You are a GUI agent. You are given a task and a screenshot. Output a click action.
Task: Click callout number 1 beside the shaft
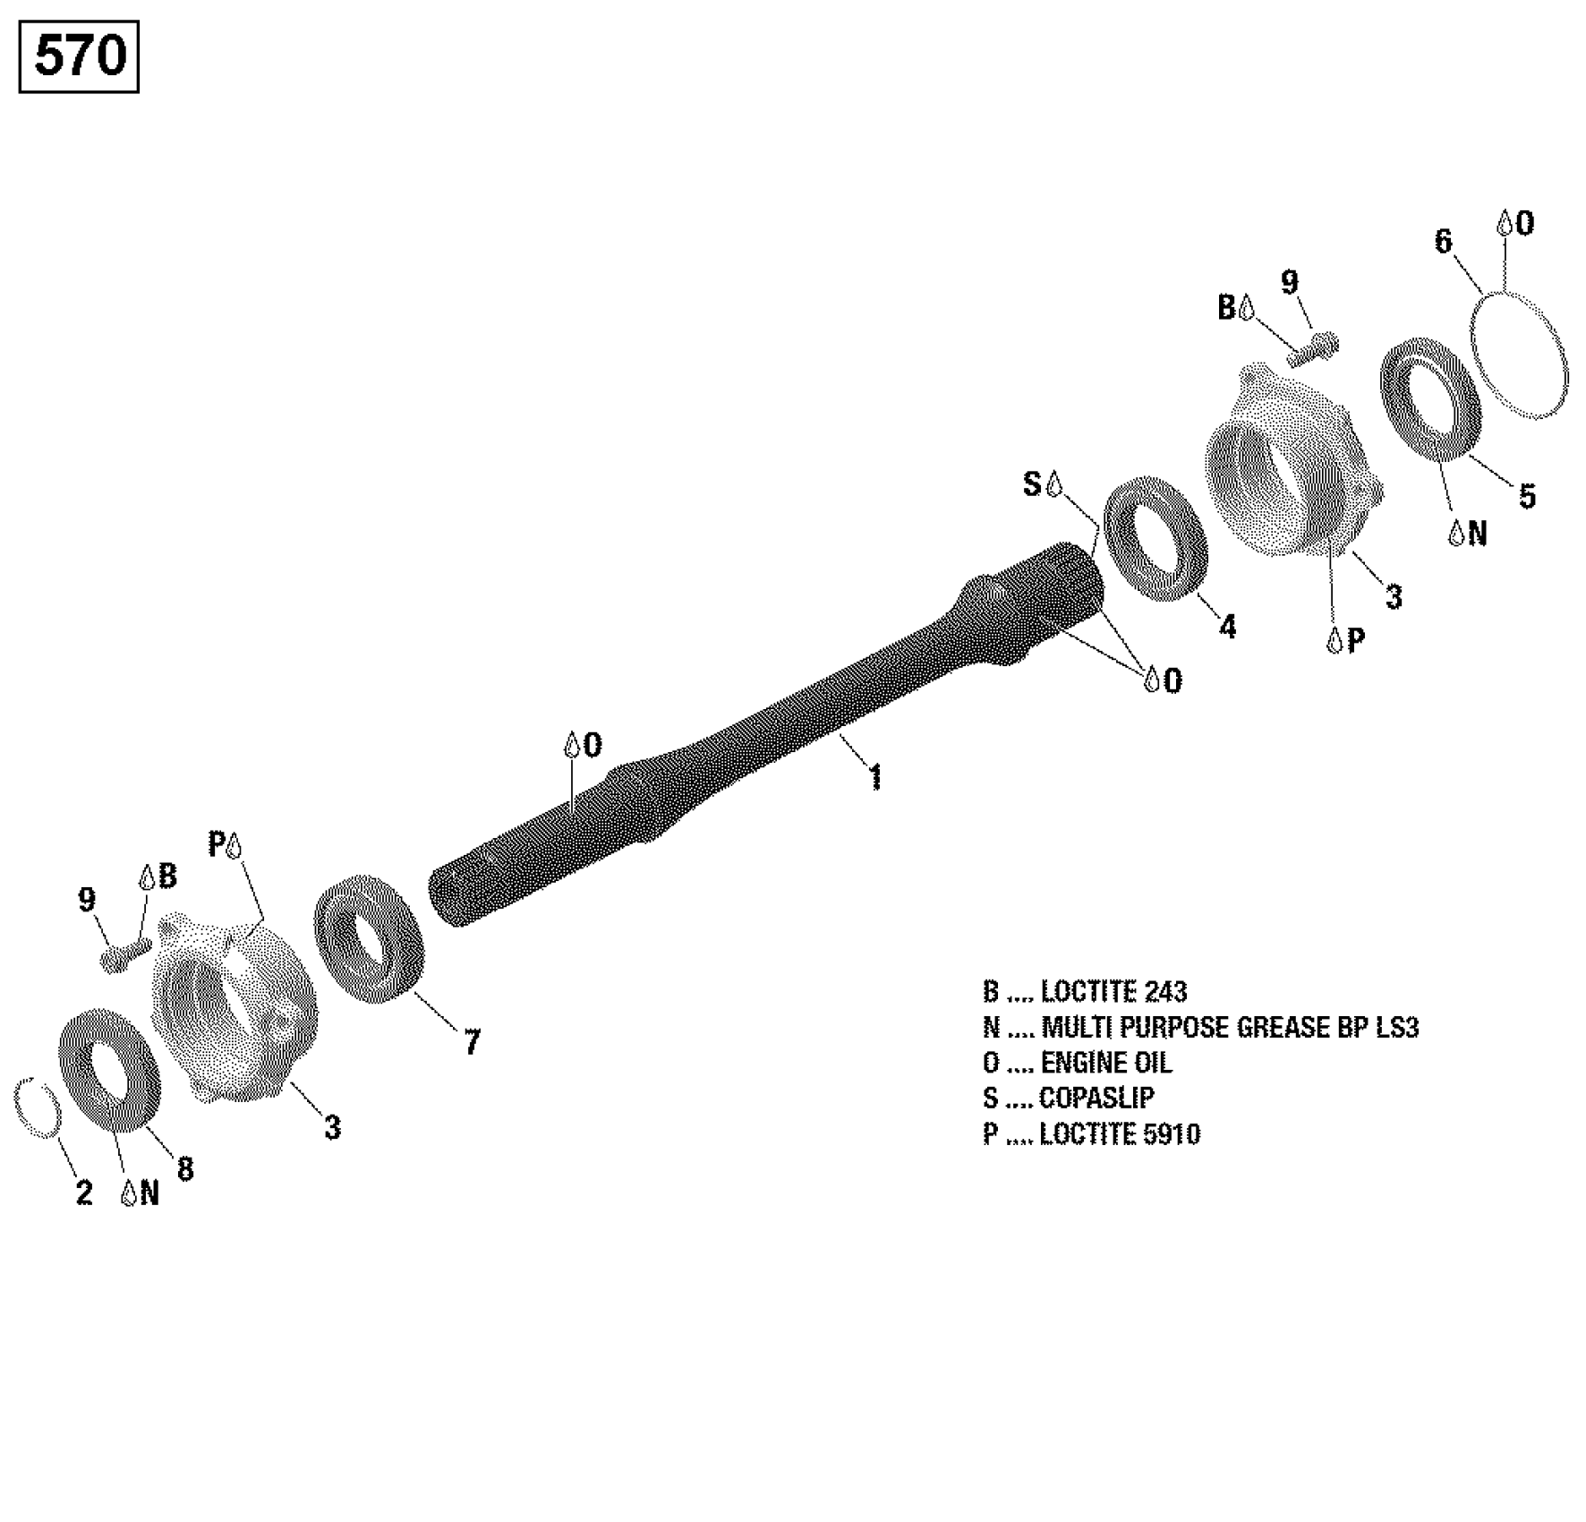pos(875,776)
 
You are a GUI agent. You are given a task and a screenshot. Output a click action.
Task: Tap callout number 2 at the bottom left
pos(84,1193)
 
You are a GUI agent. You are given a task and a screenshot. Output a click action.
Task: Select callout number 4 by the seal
pos(1227,627)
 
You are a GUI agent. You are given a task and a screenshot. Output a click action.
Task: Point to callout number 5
pos(1527,496)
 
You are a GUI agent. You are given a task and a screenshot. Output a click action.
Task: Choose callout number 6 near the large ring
pos(1443,241)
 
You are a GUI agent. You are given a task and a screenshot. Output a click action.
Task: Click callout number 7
pos(472,1041)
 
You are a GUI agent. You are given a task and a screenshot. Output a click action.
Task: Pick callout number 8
pos(185,1168)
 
